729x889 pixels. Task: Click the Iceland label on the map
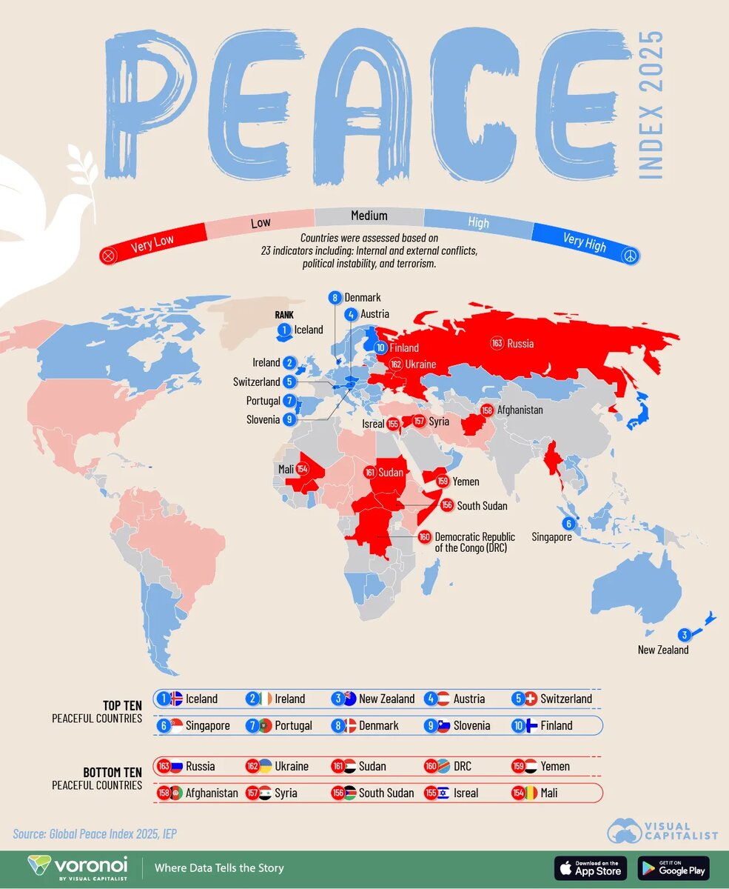coord(309,330)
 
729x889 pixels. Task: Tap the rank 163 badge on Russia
coord(497,343)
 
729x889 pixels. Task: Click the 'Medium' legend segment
coord(369,216)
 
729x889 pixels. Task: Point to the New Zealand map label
coord(663,650)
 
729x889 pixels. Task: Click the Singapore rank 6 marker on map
coord(568,524)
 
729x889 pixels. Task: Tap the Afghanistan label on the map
coord(520,410)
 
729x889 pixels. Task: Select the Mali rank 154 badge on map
coord(303,469)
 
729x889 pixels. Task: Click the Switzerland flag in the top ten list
coord(530,699)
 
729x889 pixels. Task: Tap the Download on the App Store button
coord(590,868)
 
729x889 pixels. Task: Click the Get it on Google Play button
coord(673,868)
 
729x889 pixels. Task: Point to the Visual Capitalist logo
coord(662,830)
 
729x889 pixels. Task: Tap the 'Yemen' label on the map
coord(466,482)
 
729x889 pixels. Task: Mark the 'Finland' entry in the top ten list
coord(555,725)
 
